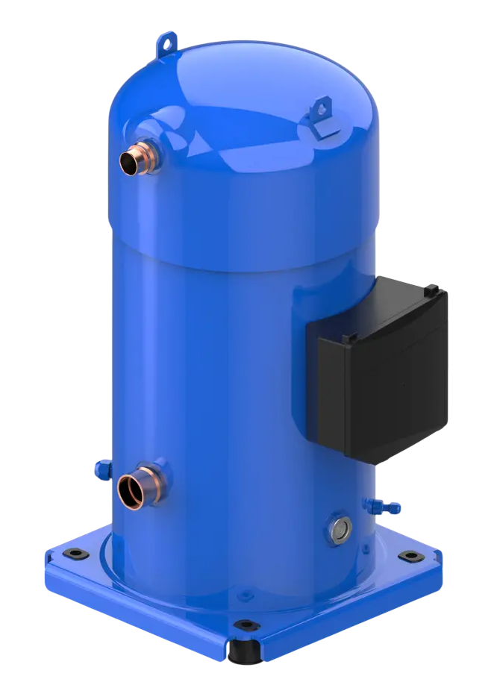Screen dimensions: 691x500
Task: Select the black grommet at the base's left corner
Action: pos(75,553)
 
